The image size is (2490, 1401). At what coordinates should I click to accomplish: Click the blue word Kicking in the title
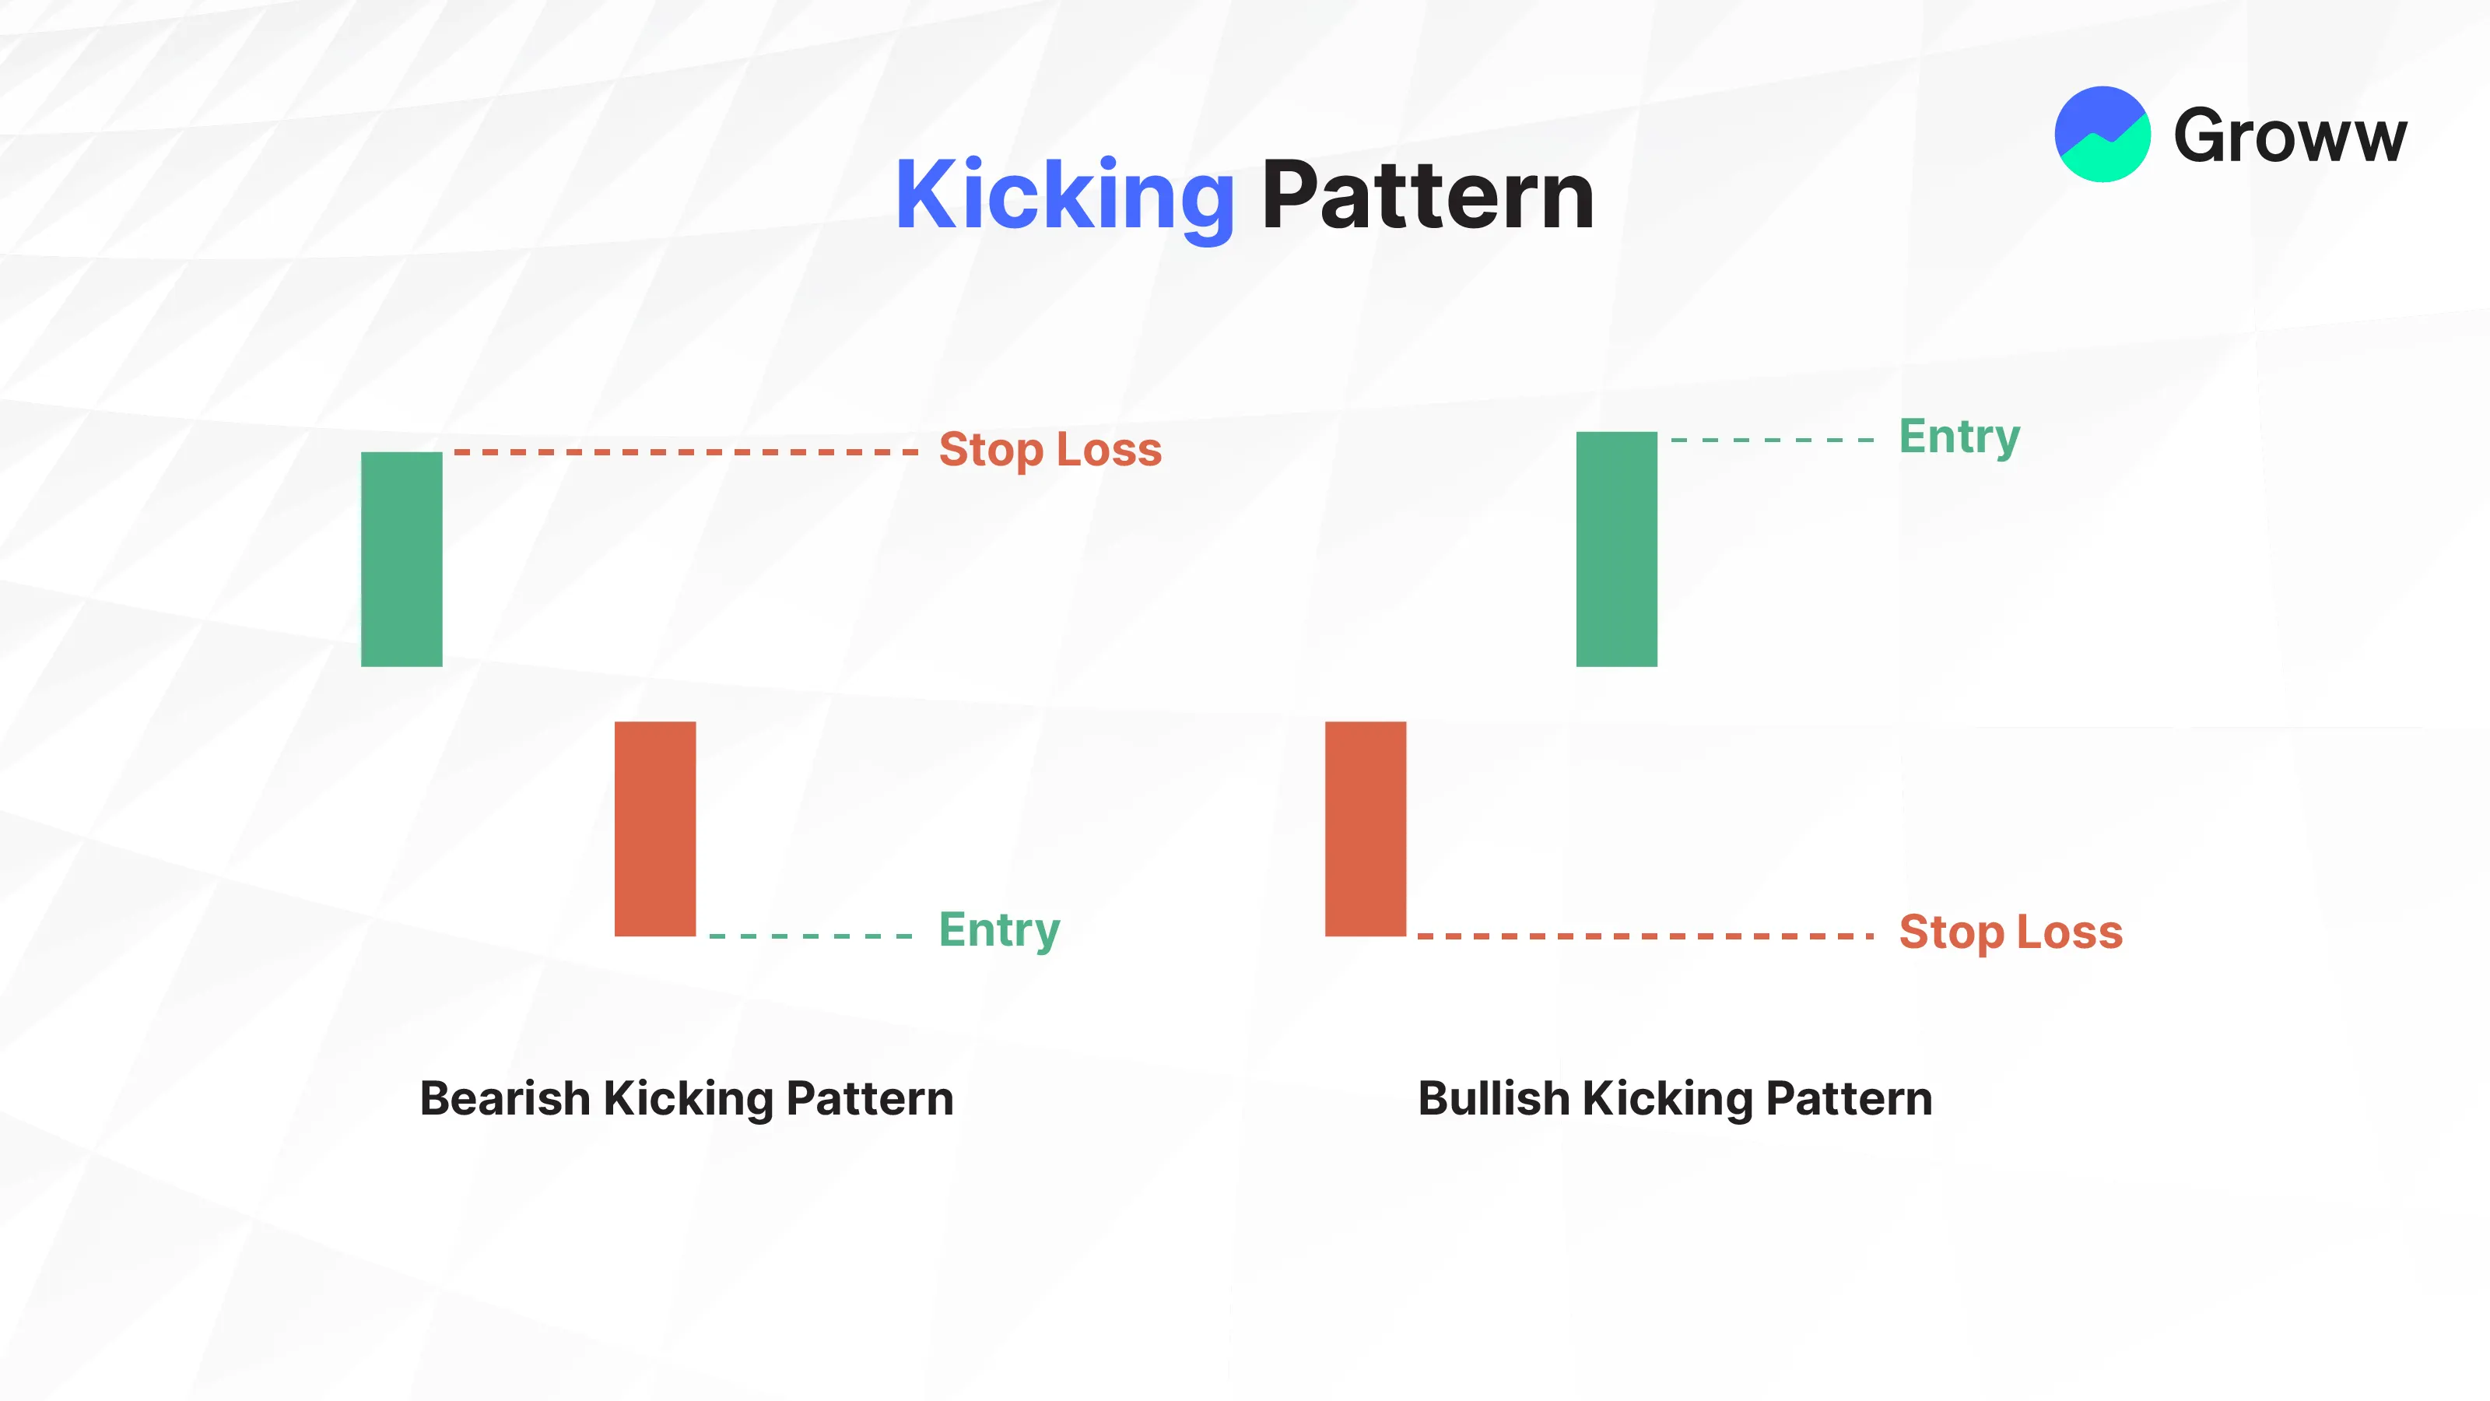pos(1064,196)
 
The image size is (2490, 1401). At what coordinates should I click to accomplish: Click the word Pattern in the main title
pos(1428,195)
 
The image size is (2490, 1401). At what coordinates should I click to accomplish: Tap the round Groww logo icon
pos(2102,135)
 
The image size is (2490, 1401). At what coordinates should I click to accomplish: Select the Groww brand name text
pos(2290,135)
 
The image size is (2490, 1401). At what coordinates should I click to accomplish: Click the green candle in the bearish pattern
pos(402,559)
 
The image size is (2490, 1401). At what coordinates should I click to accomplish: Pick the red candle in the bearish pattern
pos(655,829)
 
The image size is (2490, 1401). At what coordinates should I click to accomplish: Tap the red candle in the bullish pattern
pos(1366,829)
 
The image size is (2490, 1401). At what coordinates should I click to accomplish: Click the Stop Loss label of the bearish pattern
pos(1050,450)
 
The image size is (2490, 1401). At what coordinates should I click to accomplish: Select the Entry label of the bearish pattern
pos(999,930)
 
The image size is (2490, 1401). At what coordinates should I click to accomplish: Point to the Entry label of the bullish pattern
pos(1959,436)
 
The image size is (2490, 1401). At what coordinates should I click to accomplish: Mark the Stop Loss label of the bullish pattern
pos(2011,932)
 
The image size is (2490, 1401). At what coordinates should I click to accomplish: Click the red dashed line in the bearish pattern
pos(686,451)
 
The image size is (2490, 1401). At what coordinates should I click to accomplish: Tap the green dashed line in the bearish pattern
pos(810,936)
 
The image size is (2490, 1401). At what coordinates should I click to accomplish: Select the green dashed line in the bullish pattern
pos(1772,440)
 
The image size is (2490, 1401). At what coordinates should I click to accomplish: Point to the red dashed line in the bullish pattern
pos(1645,936)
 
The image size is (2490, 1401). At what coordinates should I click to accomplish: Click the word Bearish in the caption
pos(504,1098)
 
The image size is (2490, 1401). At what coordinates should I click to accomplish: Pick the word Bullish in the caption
pos(1493,1098)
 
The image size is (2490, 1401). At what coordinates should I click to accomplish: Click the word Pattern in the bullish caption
pos(1849,1098)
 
